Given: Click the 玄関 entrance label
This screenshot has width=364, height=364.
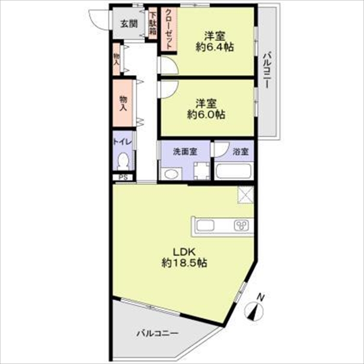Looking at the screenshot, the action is (129, 24).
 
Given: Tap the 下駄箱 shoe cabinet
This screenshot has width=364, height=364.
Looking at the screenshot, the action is (153, 23).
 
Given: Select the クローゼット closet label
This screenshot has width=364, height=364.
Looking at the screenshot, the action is (169, 29).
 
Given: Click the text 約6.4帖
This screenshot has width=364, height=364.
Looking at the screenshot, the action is (214, 47).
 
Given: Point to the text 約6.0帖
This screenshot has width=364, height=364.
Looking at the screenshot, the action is (206, 114).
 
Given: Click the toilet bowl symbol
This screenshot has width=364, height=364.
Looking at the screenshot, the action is (123, 161).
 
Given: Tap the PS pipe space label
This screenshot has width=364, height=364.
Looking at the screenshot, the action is (123, 177).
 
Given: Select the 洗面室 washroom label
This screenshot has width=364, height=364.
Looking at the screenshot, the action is (185, 152).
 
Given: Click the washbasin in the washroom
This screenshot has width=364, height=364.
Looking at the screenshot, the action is (171, 174).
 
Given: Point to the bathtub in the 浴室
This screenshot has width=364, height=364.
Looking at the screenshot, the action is (233, 172).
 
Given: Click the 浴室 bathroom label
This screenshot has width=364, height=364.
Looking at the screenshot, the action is (241, 152).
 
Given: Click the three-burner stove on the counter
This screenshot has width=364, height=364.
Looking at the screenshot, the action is (242, 225).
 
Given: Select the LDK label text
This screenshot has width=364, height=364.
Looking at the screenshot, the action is (184, 252).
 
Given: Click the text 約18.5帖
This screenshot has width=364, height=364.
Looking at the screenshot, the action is (184, 263).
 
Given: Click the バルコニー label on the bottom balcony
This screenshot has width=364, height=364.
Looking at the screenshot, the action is (158, 334).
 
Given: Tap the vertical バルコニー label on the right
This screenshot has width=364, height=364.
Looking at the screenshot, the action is (267, 71).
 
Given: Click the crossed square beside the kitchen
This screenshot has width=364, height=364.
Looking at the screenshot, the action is (246, 195).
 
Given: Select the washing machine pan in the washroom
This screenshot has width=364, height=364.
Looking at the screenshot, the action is (202, 171).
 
